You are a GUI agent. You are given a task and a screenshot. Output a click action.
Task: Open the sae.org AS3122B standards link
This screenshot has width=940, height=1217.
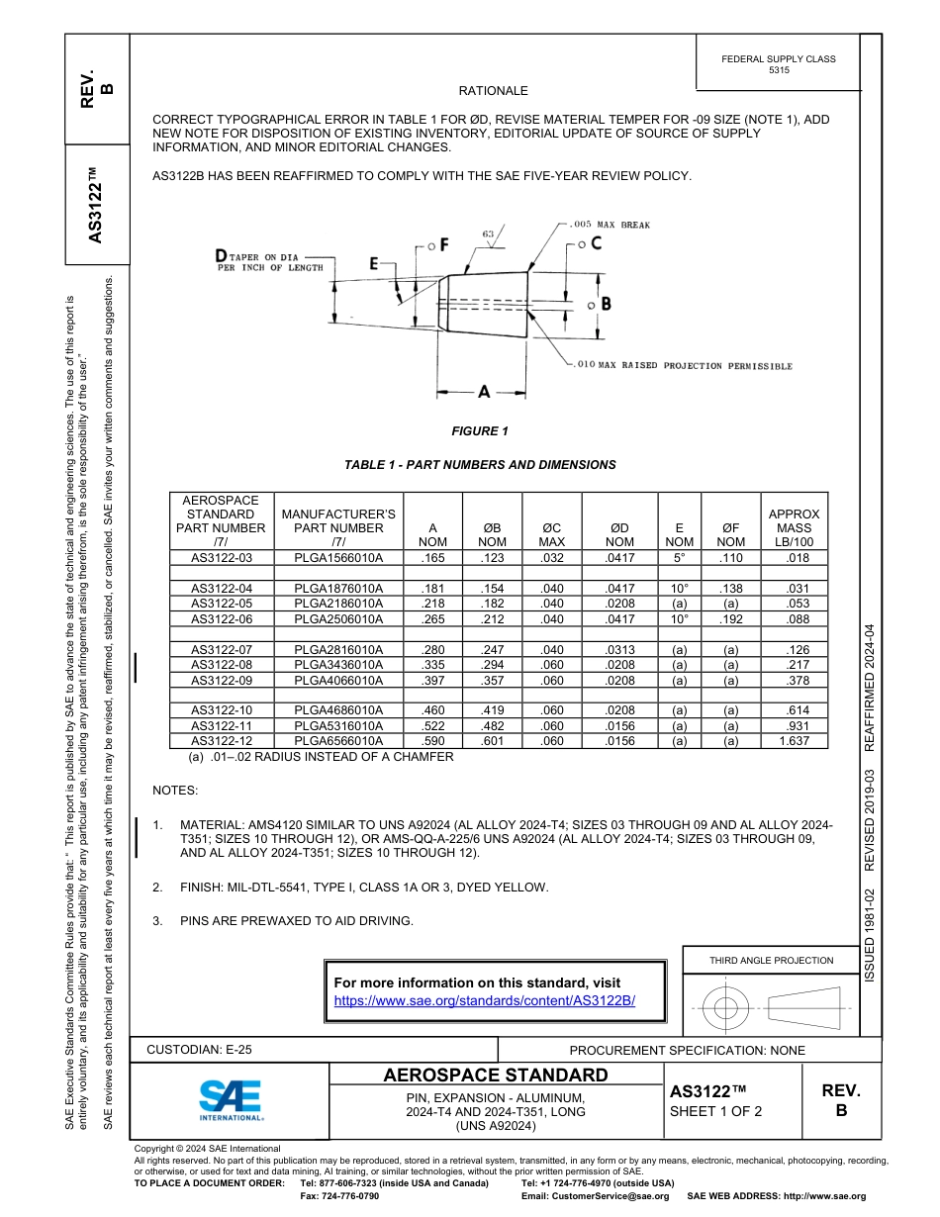[x=484, y=1000]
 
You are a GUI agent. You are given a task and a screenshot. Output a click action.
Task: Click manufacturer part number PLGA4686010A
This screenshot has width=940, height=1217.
[x=337, y=710]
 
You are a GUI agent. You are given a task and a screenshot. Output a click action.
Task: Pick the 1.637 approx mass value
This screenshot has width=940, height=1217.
[x=793, y=741]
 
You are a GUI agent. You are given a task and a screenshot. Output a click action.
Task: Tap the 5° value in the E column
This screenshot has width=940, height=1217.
[x=679, y=558]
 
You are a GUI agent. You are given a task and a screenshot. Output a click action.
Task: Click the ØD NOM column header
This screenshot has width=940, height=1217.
[x=619, y=534]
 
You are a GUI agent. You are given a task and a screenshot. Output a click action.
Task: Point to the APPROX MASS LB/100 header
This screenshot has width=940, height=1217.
[x=794, y=528]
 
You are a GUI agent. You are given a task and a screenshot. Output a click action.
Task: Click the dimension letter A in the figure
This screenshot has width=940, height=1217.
[x=484, y=392]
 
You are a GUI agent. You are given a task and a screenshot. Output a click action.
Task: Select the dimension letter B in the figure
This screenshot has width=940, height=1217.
[x=606, y=304]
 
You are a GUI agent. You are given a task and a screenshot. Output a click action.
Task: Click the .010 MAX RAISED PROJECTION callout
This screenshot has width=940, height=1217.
[x=684, y=366]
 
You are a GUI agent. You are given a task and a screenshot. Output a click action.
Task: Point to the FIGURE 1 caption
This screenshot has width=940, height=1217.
[x=479, y=431]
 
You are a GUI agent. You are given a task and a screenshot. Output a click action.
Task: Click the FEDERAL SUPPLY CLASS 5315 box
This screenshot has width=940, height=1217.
[x=778, y=64]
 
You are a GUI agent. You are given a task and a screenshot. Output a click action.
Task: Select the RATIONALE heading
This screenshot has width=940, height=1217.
[x=493, y=91]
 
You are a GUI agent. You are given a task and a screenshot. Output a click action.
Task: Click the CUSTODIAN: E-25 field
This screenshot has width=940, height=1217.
[x=199, y=1050]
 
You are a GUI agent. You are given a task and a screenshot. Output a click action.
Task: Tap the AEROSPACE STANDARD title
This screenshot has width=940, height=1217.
[x=495, y=1076]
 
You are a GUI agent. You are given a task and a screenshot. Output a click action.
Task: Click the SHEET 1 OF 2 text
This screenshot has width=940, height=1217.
[x=715, y=1111]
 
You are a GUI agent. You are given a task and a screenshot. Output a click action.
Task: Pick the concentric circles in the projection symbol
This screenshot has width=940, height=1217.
[x=726, y=1008]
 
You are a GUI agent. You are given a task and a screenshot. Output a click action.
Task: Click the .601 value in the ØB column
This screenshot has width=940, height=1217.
[x=492, y=741]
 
